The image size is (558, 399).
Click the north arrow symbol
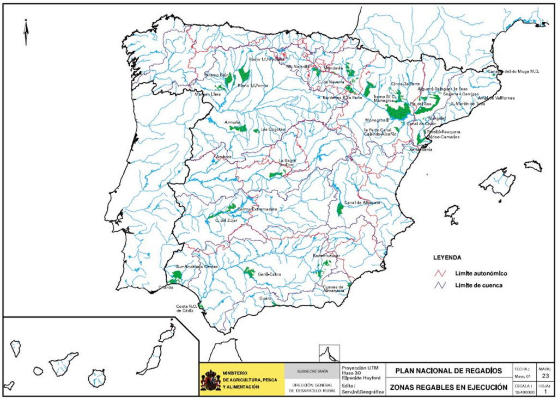[x=26, y=32]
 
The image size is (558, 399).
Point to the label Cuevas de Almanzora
[x=333, y=289]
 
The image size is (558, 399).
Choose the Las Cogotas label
[x=273, y=130]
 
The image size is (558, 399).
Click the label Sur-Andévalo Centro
[x=196, y=267]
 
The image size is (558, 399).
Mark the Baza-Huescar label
[x=326, y=255]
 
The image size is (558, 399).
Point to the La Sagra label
[x=287, y=162]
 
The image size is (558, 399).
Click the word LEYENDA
[x=447, y=257]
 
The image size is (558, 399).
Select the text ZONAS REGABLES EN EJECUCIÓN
[x=448, y=387]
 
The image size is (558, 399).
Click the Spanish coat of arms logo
[x=211, y=379]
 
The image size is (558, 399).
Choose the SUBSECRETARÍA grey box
[x=312, y=371]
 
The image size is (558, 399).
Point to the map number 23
[x=546, y=375]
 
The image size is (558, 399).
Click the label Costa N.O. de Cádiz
[x=185, y=309]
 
